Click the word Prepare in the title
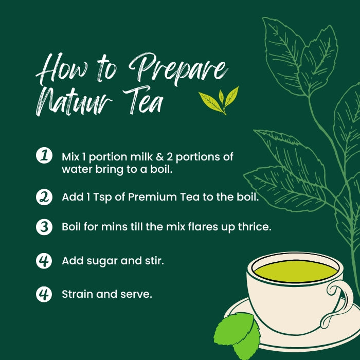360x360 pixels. [178, 69]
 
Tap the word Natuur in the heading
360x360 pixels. [74, 101]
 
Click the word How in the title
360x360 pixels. [62, 68]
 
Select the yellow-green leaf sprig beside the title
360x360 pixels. [219, 101]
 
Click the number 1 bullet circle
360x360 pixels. [44, 155]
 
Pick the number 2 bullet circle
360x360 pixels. [44, 197]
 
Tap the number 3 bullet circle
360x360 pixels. [44, 227]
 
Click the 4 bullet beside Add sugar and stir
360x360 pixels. [44, 261]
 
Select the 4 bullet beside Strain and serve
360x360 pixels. [44, 294]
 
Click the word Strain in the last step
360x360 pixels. [77, 294]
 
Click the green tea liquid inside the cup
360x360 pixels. [296, 272]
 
